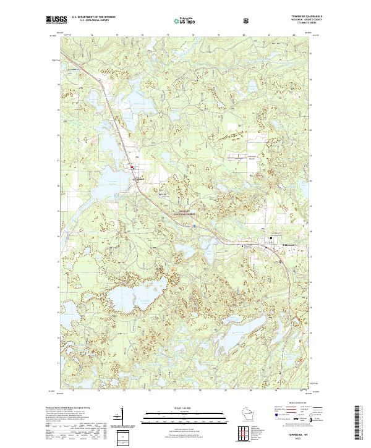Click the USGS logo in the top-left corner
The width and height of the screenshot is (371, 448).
coord(57,20)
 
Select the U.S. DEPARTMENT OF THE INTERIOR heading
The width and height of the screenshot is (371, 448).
coord(93,17)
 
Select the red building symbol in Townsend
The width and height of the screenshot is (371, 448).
coord(132,166)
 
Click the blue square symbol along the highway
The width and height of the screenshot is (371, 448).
coord(194,226)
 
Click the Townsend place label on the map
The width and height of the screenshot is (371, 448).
coord(139,179)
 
